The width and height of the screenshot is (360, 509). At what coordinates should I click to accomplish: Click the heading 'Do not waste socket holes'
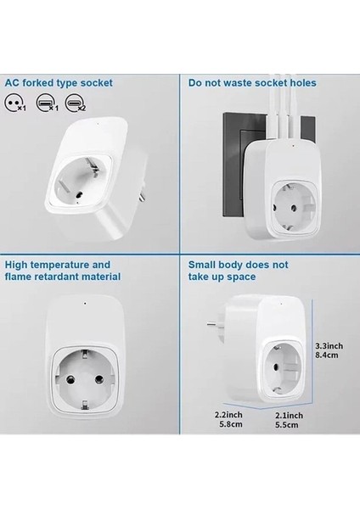pyautogui.click(x=252, y=83)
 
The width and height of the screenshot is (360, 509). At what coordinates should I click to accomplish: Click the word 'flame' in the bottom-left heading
pyautogui.click(x=20, y=277)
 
